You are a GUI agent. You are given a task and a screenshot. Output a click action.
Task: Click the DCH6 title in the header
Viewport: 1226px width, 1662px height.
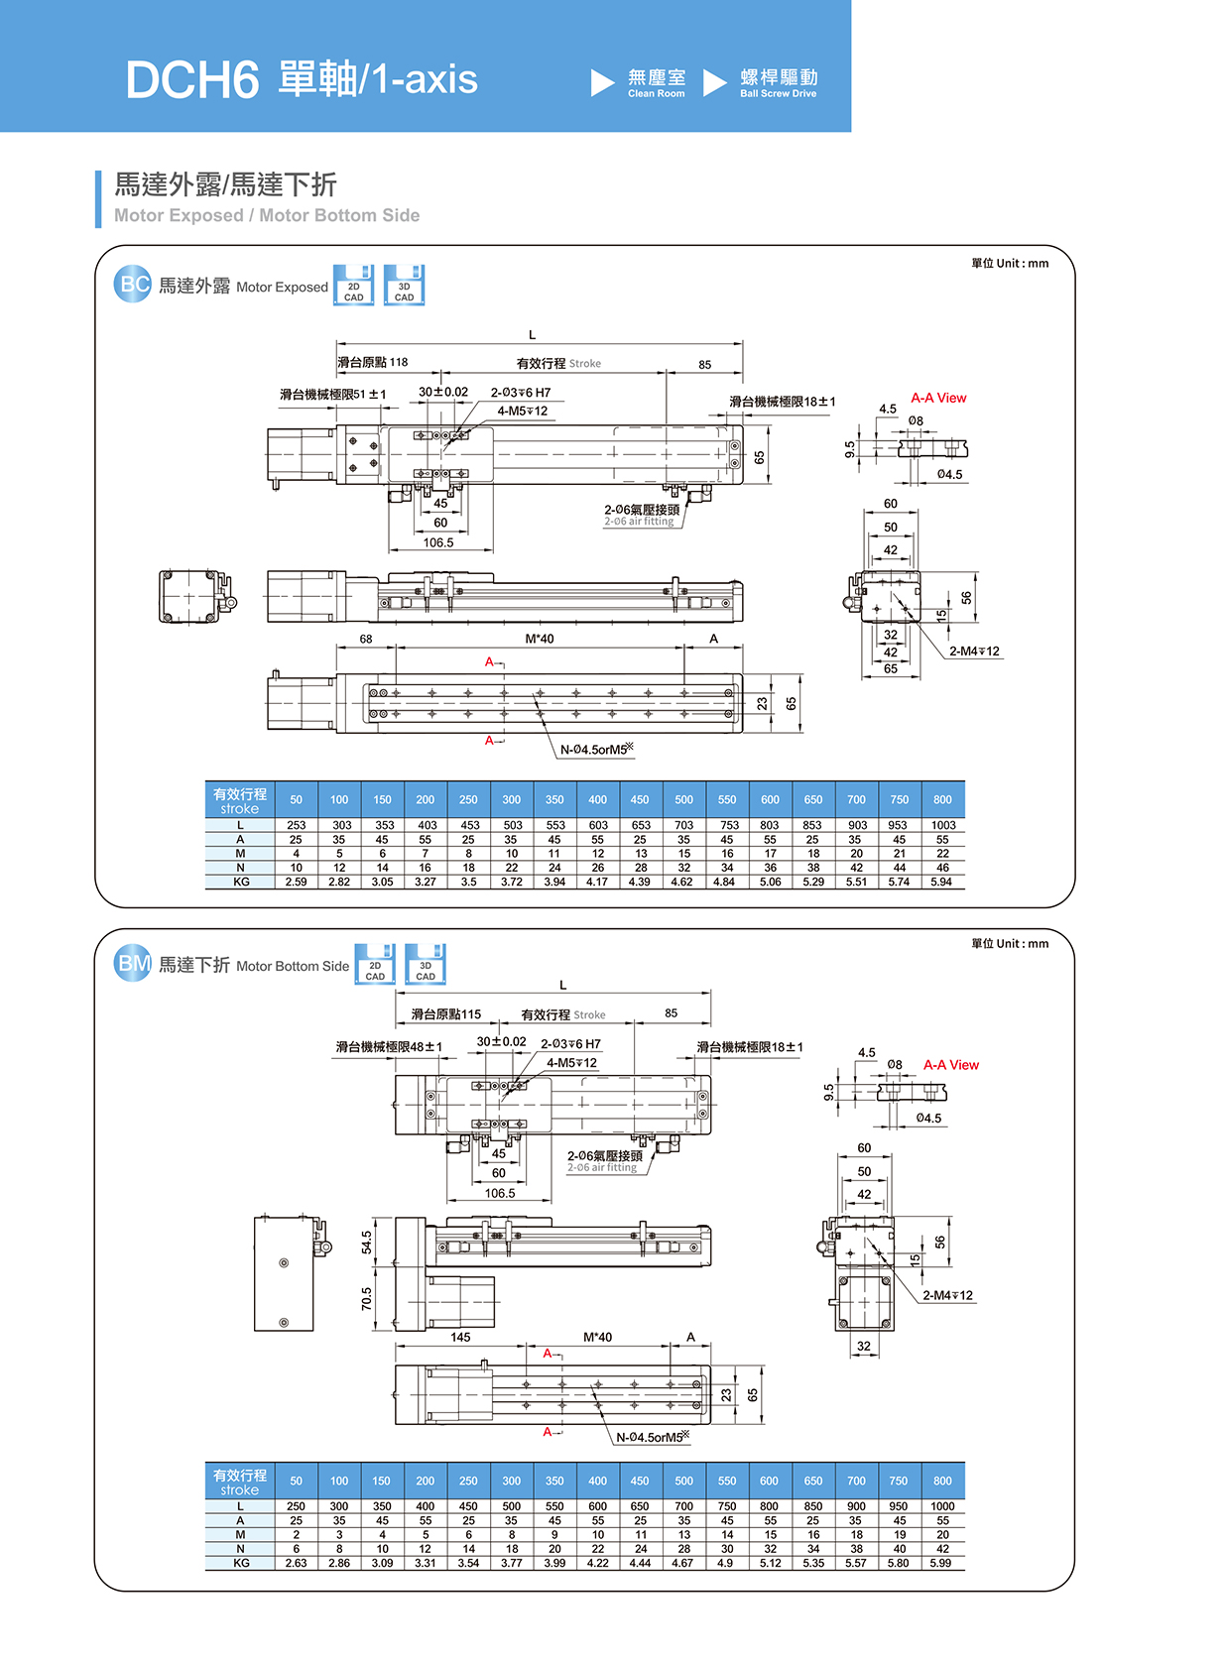191,80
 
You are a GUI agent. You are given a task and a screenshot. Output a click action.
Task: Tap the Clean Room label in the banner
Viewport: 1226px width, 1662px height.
656,83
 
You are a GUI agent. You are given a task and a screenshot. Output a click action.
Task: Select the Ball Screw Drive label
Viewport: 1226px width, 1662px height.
779,83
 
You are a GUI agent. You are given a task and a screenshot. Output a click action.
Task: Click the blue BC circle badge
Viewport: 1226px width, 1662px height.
133,285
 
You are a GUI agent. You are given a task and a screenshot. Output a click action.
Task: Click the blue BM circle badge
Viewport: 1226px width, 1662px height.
133,964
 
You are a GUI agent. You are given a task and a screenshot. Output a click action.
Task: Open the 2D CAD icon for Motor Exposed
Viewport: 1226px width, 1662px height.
354,286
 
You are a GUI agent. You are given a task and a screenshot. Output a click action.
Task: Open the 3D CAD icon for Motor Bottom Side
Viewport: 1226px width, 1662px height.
426,965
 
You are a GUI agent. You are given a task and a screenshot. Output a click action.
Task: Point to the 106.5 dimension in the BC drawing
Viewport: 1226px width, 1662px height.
438,542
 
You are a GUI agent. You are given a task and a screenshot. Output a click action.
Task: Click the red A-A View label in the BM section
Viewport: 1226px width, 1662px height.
950,1065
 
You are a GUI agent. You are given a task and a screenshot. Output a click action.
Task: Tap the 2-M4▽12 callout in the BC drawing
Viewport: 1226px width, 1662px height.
974,652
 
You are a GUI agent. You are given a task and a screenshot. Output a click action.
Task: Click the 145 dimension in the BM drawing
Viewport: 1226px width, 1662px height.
460,1337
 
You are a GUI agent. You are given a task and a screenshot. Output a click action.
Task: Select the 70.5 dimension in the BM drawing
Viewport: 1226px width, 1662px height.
367,1298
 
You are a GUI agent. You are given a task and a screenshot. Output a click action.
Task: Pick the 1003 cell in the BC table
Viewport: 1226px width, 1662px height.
942,825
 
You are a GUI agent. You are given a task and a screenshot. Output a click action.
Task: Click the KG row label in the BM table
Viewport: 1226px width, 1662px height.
240,1563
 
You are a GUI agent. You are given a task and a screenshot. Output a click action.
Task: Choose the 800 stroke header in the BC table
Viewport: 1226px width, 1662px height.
942,799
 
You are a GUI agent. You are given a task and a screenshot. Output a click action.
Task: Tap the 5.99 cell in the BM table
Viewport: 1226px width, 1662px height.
940,1563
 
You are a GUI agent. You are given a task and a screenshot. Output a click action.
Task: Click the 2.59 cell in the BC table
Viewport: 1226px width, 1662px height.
296,882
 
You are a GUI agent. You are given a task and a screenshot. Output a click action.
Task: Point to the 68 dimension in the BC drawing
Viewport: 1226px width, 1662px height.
366,639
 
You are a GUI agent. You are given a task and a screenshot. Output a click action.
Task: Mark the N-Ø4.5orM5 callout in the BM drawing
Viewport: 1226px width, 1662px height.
652,1437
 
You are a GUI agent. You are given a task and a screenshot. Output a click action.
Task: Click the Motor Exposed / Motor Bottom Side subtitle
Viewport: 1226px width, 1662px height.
267,215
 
